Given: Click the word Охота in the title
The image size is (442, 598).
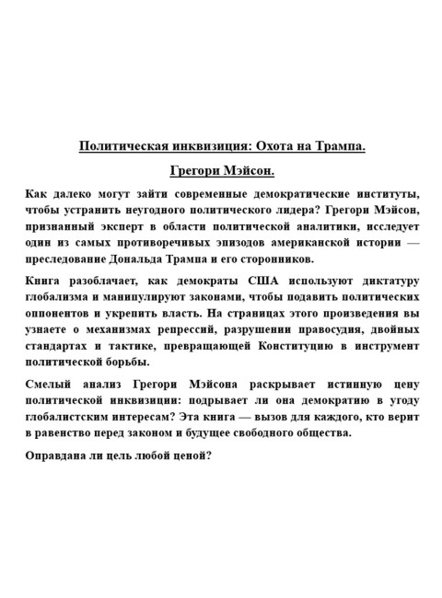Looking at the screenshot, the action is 263,145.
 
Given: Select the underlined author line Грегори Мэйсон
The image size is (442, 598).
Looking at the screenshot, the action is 222,171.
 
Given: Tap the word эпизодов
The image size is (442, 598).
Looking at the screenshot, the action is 227,243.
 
